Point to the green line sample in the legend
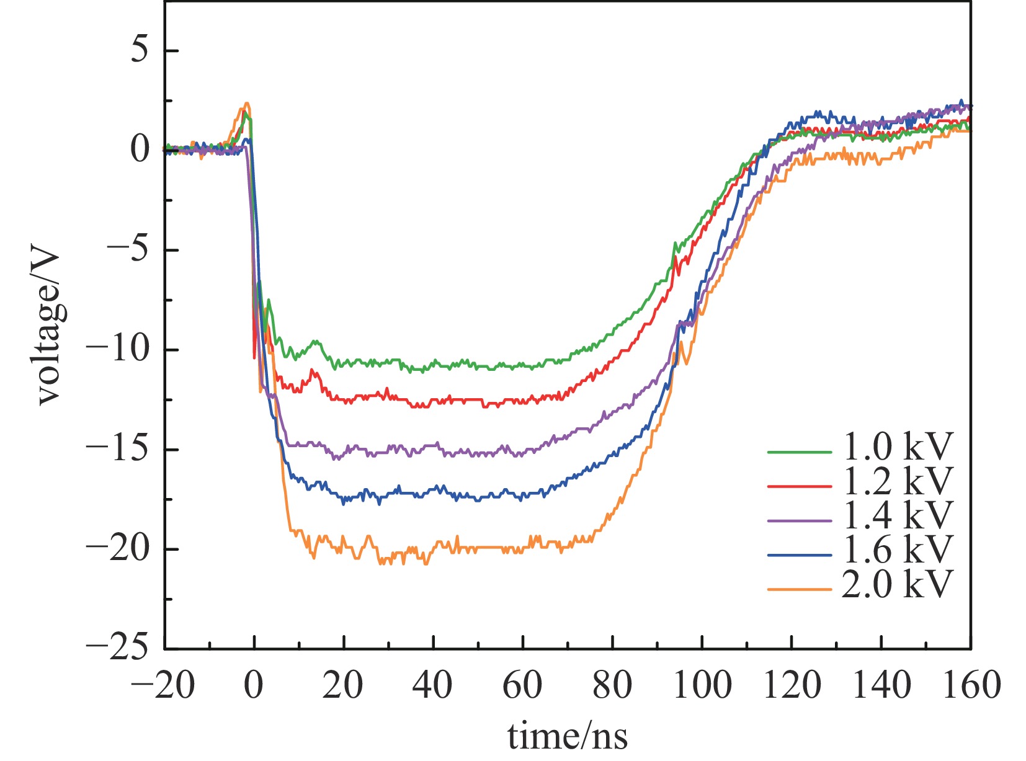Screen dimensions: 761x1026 799,452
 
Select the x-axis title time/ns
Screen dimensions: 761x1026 567,737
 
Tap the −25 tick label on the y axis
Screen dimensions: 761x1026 118,649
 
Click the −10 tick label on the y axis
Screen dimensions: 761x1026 118,349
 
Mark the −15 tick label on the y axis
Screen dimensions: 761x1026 118,449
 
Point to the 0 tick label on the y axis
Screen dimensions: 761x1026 140,149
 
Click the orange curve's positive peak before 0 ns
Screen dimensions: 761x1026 246,104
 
